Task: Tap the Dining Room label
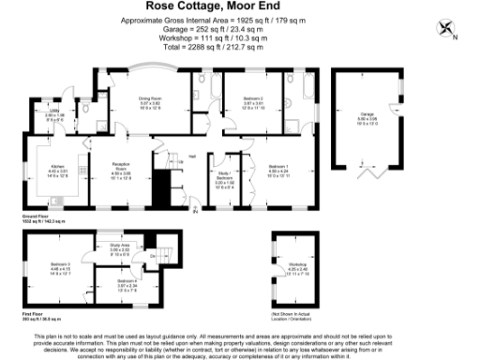pos(152,98)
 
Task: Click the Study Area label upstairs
pos(119,248)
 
